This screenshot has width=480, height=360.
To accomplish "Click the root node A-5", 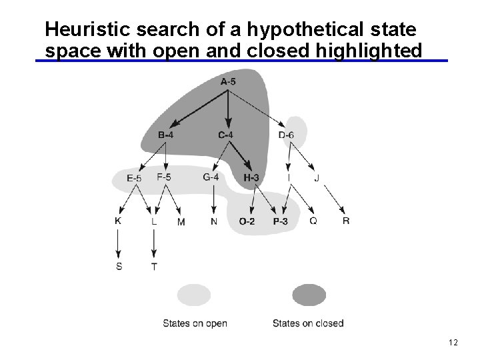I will pos(228,82).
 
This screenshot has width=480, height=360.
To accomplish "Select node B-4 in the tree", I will pos(166,135).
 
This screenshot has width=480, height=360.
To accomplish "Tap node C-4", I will pos(226,135).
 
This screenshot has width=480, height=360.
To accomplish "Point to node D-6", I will pos(286,135).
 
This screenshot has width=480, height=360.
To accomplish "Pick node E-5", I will pos(134,178).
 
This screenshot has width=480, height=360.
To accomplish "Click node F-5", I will pos(164,177).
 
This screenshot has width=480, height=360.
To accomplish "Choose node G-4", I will pos(211,177).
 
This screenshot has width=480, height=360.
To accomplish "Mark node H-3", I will pos(251,178).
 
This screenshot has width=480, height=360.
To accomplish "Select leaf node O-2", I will pos(247,221).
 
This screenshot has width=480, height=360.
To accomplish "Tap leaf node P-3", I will pos(280,221).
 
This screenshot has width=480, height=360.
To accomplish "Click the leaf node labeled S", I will pos(119,267).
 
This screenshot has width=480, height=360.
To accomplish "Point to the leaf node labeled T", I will pos(154,267).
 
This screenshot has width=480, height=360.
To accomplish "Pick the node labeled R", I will pos(345,221).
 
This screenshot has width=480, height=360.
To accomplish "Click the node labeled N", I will pos(213,221).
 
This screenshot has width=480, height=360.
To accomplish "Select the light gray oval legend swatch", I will pos(194,295).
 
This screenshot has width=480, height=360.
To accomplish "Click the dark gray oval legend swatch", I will pos(309,295).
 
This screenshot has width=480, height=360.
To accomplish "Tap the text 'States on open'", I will pos(195,323).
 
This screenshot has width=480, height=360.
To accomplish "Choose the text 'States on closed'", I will pos(308,323).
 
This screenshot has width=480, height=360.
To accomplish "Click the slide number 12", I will pos(453,343).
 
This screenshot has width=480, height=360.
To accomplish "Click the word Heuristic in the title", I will pos(87,30).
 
